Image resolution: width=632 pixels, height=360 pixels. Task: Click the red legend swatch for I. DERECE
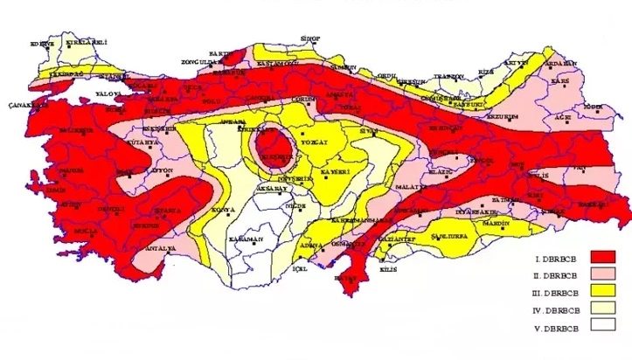[602, 256]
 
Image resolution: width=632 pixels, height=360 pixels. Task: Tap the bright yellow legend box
[602, 290]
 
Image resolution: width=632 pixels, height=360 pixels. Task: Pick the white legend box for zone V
[602, 326]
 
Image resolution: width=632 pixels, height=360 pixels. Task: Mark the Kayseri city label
[335, 171]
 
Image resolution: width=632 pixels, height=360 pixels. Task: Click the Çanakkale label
[26, 103]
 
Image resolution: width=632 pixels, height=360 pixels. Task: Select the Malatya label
[410, 187]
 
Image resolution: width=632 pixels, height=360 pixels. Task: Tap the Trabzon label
[448, 77]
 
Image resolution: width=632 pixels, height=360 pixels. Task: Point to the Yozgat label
[312, 139]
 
